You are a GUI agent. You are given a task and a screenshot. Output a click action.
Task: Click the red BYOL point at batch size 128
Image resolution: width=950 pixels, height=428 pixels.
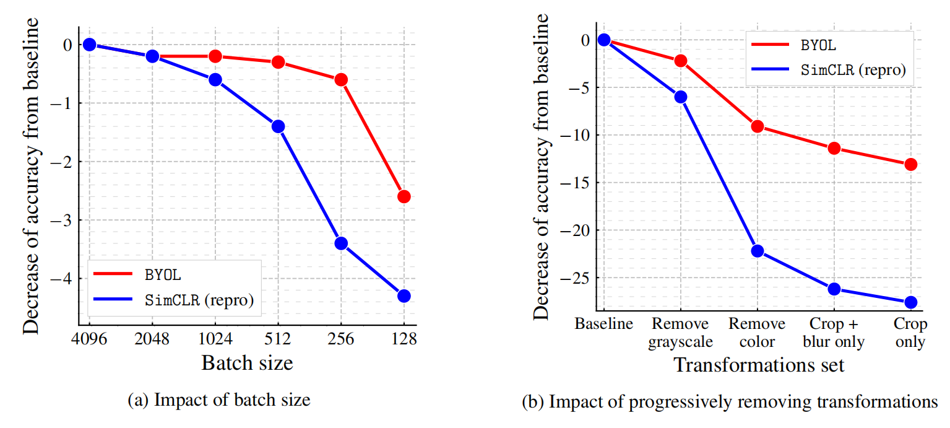404,196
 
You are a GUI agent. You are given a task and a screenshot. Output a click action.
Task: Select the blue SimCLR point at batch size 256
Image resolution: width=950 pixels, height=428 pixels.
341,243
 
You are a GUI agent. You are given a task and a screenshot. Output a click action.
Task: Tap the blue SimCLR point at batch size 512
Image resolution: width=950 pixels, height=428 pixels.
278,126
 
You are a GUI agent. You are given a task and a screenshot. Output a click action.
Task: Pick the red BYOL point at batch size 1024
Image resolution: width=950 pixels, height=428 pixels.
215,56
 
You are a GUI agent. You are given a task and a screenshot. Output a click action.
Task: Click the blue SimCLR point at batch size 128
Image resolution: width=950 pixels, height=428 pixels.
404,295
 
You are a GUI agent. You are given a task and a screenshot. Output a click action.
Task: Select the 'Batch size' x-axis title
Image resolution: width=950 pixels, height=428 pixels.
247,363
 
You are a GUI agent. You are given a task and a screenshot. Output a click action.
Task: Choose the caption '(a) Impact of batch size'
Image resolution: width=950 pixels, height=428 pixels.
218,400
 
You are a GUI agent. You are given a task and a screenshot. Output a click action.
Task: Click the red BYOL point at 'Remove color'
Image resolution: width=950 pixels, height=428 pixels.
757,126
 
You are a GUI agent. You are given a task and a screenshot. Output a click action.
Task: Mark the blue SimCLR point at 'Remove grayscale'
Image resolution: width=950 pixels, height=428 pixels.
681,97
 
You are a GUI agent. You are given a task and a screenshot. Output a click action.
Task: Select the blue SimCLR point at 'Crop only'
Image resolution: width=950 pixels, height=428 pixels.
910,302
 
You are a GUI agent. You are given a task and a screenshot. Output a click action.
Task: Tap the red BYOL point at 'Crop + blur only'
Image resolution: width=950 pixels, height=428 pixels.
834,148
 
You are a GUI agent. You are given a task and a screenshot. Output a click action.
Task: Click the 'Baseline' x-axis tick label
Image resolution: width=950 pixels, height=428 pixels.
603,325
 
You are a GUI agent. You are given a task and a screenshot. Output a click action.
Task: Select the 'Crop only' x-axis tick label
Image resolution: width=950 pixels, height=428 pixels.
910,333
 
